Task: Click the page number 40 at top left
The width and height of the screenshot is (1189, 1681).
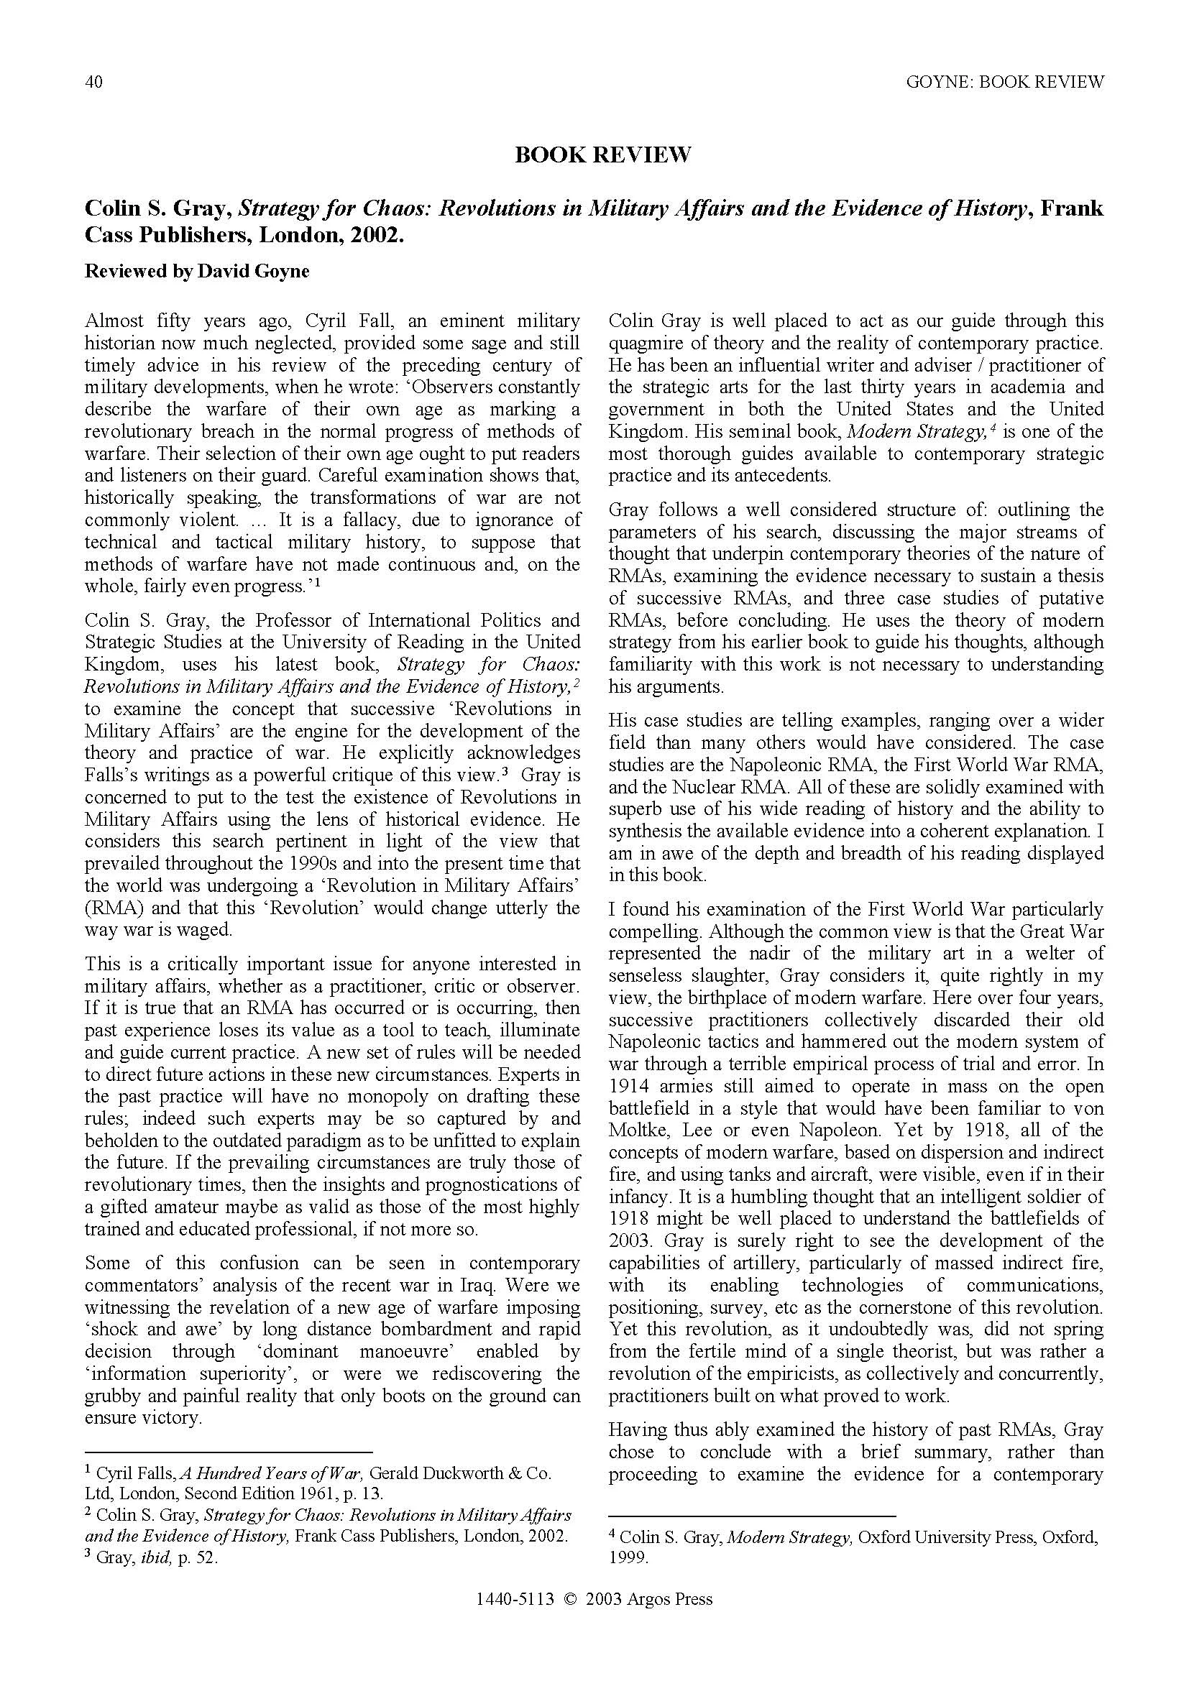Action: (x=93, y=81)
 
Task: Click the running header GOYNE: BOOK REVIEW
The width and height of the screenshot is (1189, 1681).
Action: (x=1004, y=81)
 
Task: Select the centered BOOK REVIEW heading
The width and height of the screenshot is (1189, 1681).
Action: (x=602, y=155)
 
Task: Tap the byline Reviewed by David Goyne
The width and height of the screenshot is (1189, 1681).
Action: (x=197, y=271)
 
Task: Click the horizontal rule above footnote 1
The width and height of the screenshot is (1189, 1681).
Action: (x=229, y=1452)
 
